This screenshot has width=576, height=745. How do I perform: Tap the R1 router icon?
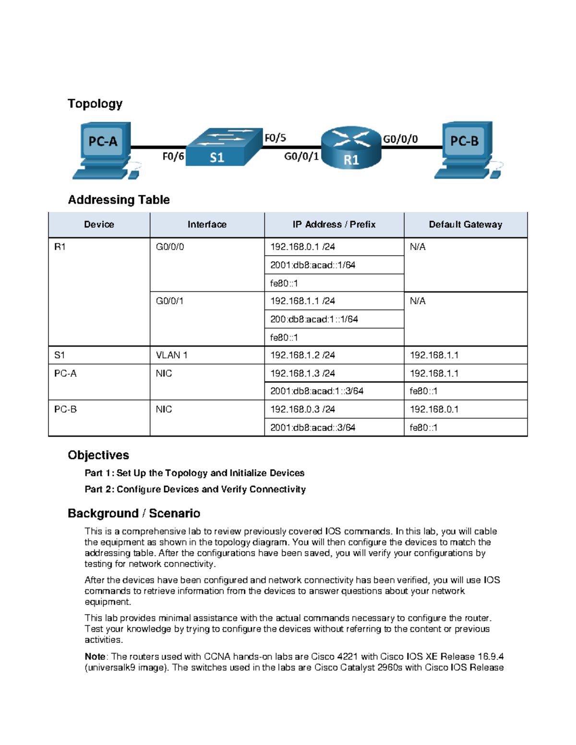tap(351, 148)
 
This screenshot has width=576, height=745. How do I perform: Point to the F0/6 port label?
tap(173, 156)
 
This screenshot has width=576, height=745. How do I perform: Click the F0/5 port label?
tap(276, 138)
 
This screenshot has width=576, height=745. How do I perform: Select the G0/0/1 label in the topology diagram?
tap(301, 156)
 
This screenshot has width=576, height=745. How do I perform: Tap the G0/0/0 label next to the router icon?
tap(400, 139)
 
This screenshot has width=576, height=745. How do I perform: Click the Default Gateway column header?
tap(465, 225)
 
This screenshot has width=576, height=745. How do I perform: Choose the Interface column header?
tap(207, 225)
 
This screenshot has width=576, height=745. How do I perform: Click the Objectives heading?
tap(98, 455)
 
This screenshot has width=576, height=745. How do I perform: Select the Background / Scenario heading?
tap(134, 513)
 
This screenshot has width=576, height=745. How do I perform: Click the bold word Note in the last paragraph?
tap(95, 656)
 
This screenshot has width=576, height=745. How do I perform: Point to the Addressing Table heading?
tap(119, 200)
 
